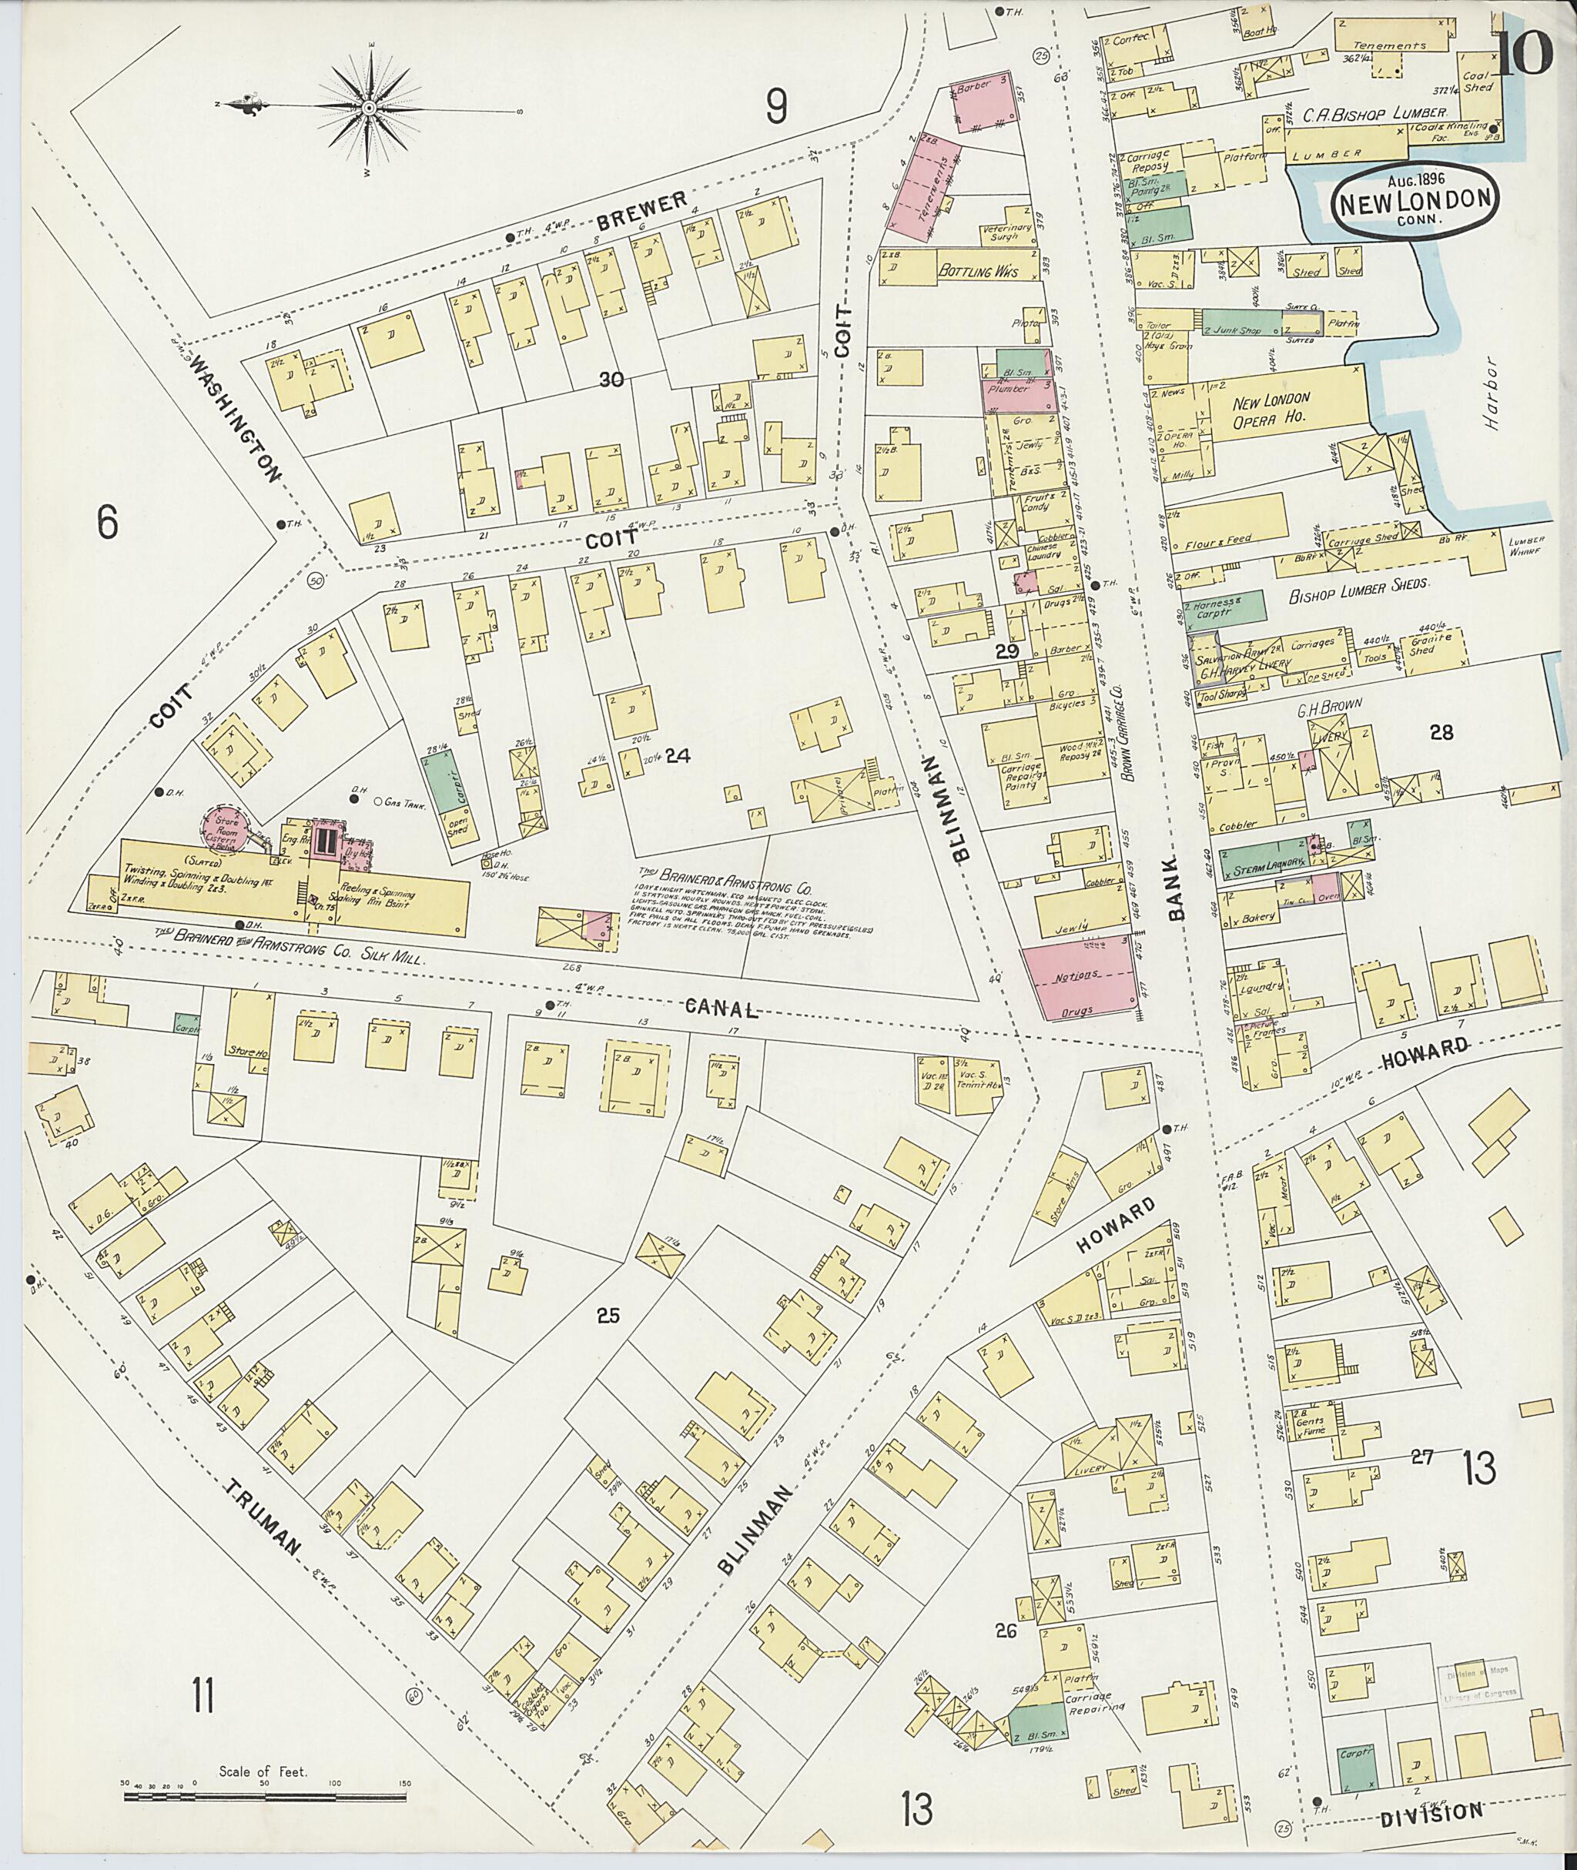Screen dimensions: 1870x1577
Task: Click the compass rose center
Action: (x=368, y=108)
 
